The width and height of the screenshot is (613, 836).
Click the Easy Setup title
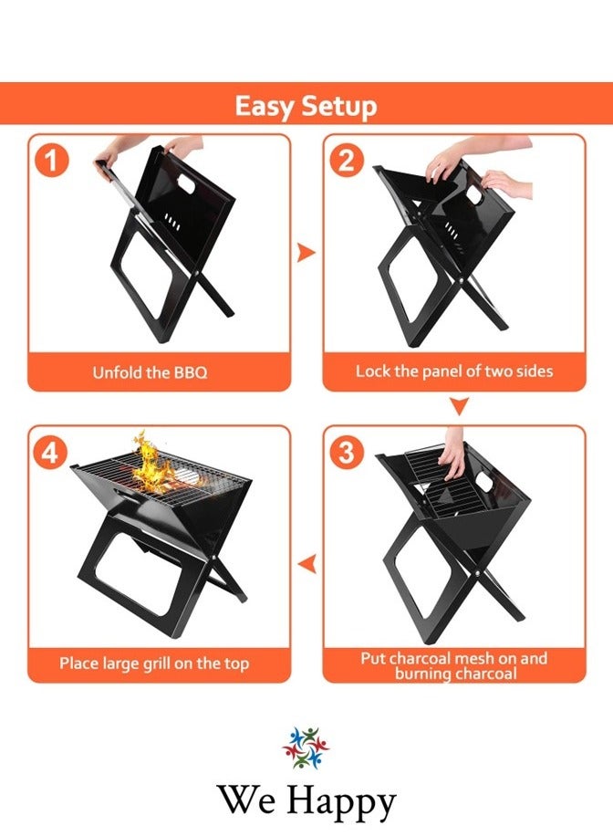(306, 106)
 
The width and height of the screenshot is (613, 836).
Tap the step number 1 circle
(52, 161)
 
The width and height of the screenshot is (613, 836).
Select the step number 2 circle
(347, 161)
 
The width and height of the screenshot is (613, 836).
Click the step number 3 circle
(347, 453)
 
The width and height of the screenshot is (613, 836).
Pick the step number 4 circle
(52, 453)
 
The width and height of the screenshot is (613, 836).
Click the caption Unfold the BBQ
(150, 372)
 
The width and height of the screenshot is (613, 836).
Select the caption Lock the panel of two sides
(453, 371)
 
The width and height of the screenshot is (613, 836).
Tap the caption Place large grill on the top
(154, 664)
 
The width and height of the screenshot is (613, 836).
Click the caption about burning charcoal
(454, 665)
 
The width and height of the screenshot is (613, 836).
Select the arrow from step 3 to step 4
(307, 565)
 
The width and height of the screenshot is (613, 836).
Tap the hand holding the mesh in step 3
(452, 456)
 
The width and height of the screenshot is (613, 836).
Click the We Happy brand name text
(306, 801)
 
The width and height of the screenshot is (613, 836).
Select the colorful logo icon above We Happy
(306, 747)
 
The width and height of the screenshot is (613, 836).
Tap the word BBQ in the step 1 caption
(190, 372)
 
